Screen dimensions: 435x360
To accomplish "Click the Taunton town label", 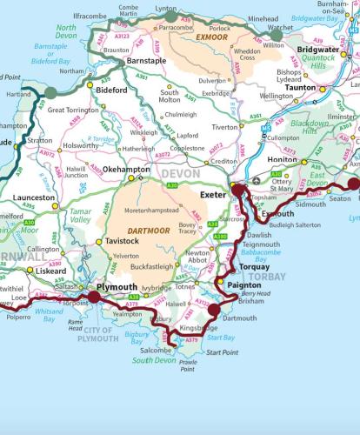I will click(301, 89).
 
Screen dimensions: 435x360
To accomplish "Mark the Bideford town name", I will click(111, 90).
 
